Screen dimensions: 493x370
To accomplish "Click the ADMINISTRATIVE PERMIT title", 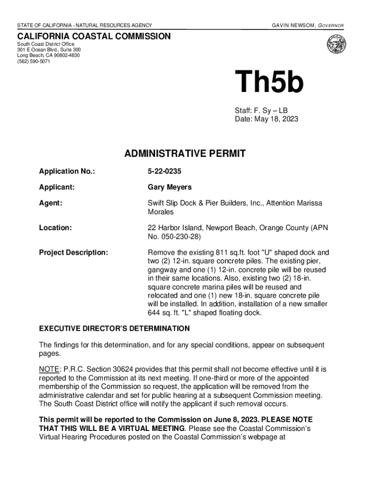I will (185, 154).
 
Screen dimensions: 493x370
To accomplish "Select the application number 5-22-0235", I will (165, 171).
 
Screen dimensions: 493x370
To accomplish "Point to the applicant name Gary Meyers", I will (170, 187).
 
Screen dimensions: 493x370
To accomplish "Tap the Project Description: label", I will (74, 253).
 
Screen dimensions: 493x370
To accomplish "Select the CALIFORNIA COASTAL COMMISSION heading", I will (94, 37).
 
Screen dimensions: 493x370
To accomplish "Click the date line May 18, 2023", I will (266, 119).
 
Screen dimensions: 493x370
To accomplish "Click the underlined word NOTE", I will (49, 369).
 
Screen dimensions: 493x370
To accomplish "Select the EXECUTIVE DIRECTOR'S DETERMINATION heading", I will (114, 329).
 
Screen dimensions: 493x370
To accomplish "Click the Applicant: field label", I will (57, 187).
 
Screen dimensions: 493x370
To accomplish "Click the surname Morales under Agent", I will (160, 212).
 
